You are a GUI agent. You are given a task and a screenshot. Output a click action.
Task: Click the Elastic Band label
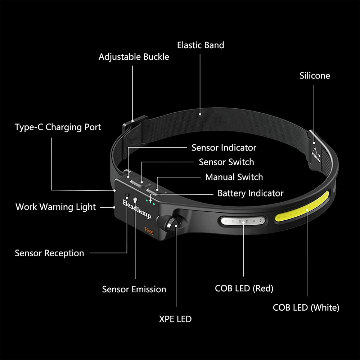(x=201, y=45)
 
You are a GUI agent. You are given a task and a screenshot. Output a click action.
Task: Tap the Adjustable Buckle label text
(x=134, y=57)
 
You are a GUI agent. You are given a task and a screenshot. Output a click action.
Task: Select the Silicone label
(x=315, y=76)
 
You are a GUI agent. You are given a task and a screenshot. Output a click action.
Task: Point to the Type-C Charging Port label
(x=58, y=127)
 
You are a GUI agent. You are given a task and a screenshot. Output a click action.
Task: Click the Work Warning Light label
(x=56, y=207)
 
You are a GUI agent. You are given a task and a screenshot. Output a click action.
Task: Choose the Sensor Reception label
(x=49, y=253)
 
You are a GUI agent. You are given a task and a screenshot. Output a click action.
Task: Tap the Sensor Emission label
(x=134, y=289)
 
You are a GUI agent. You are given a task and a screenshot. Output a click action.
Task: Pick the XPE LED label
(x=175, y=319)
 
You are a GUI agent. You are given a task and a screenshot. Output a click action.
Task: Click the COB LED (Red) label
(x=244, y=288)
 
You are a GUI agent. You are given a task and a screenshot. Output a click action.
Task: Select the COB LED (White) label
(x=306, y=307)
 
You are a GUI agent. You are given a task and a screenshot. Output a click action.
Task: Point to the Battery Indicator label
(x=250, y=193)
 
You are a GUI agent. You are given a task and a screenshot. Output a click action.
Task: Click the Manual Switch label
(x=234, y=177)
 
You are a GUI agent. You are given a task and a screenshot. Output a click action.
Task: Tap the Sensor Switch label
(x=226, y=162)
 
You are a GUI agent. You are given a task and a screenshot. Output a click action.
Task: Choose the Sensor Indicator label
(x=224, y=148)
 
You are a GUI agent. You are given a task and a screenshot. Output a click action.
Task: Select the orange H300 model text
(x=149, y=230)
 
